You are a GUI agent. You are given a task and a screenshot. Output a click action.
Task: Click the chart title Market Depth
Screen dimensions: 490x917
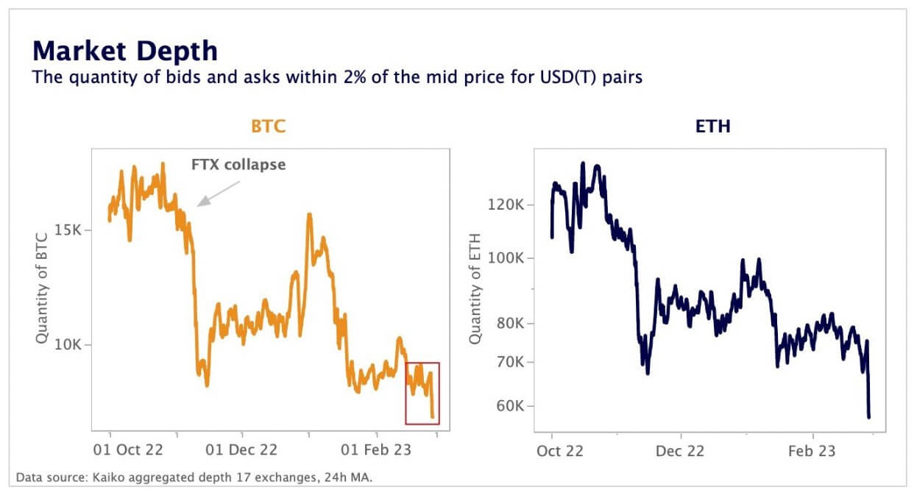click(x=125, y=51)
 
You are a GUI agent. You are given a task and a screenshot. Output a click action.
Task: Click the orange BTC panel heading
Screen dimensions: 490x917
click(x=268, y=126)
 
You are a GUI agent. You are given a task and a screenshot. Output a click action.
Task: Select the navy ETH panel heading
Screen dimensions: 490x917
click(x=712, y=126)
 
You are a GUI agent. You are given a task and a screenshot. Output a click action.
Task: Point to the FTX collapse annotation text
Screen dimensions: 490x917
click(x=238, y=165)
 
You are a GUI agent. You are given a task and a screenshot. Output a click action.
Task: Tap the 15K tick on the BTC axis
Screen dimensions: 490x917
click(x=70, y=230)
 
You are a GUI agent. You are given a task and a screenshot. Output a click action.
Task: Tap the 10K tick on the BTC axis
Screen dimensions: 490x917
click(x=70, y=345)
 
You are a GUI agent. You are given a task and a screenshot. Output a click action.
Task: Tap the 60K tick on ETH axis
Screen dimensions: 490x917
click(x=511, y=406)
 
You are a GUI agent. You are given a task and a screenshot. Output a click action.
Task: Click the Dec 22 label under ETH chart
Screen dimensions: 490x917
click(x=679, y=450)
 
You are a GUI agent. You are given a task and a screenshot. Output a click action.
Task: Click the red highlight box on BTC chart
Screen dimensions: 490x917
click(x=422, y=393)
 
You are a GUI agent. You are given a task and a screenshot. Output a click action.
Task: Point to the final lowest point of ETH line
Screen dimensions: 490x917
click(x=869, y=417)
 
